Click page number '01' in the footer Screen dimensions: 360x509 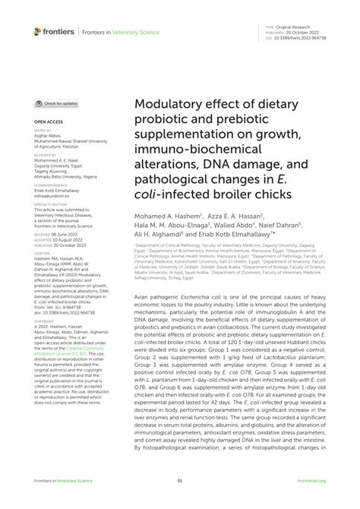pos(180,481)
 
